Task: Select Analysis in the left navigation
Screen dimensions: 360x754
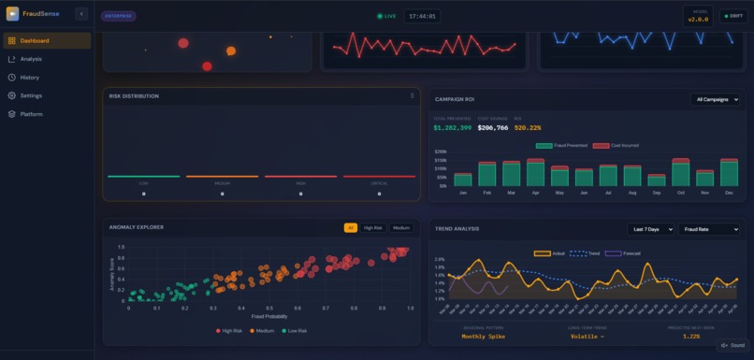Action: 31,59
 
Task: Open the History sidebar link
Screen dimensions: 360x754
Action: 30,78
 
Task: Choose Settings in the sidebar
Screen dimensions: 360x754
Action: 31,95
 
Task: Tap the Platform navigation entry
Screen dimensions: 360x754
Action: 32,114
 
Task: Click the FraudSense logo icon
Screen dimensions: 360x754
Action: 12,14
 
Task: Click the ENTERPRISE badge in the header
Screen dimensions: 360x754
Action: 118,16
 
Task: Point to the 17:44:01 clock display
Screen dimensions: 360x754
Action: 421,16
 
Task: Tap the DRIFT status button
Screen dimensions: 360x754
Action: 731,16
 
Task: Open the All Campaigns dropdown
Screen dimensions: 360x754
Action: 717,99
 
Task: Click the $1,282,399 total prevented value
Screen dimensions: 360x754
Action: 452,127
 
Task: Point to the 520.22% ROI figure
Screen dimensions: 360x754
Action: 528,127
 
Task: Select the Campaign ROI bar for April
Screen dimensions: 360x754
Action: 535,173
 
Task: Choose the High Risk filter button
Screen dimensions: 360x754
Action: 372,228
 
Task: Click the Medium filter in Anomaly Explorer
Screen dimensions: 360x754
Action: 400,228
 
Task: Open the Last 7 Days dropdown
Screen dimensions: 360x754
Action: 650,229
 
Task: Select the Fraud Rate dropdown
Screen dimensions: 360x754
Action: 709,229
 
